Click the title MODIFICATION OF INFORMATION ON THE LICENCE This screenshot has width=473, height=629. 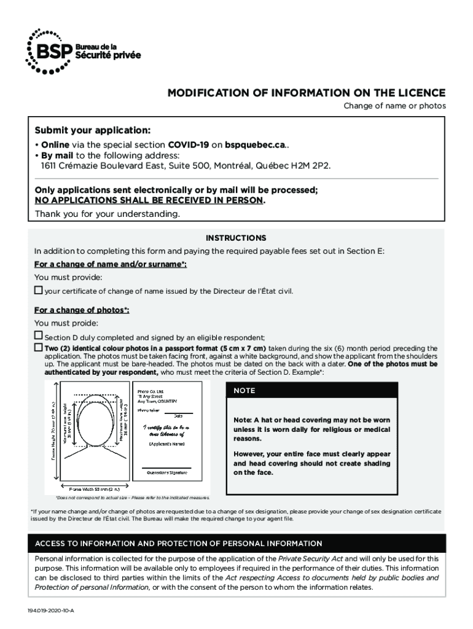coord(307,93)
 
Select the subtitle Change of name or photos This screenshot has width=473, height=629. coord(394,106)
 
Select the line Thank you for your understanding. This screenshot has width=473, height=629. coord(107,214)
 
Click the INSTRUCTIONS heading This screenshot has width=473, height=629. coord(236,238)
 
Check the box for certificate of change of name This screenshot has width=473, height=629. coord(38,290)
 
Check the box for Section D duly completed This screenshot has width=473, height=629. coord(38,336)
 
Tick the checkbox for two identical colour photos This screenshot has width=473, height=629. coord(38,348)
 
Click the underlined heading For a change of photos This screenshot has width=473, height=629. coord(82,310)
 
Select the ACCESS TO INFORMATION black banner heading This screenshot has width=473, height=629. coord(179,544)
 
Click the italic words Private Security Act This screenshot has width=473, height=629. coord(311,558)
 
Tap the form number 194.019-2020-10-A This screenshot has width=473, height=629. coord(50,612)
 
